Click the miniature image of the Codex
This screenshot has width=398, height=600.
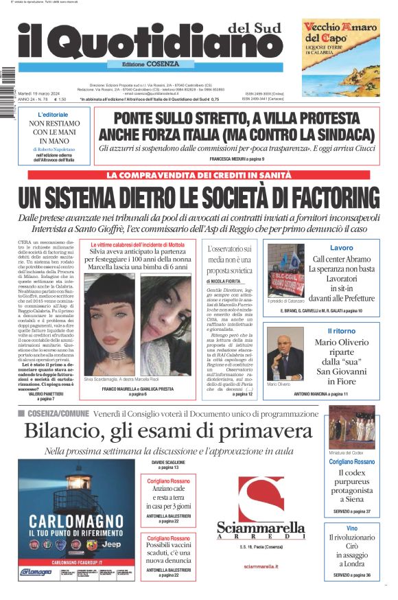pos(351,428)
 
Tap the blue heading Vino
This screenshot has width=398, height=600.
pos(351,528)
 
